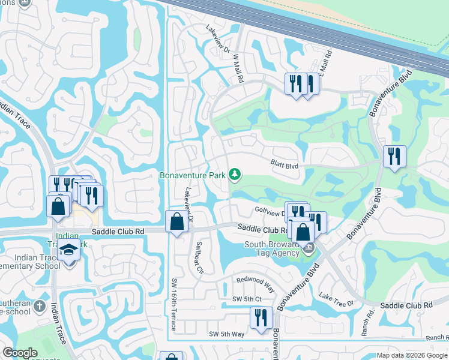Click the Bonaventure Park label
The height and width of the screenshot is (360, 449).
pos(191,175)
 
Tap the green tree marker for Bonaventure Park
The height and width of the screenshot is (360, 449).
pos(235,175)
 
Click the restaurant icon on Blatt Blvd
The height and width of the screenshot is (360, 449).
pos(394,157)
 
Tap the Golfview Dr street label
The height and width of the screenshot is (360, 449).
pos(269,213)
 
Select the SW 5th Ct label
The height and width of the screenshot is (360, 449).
pos(247,299)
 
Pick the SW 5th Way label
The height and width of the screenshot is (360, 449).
pos(226,334)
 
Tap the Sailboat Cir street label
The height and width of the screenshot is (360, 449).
pos(197,259)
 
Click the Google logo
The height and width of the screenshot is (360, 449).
pos(20,353)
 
